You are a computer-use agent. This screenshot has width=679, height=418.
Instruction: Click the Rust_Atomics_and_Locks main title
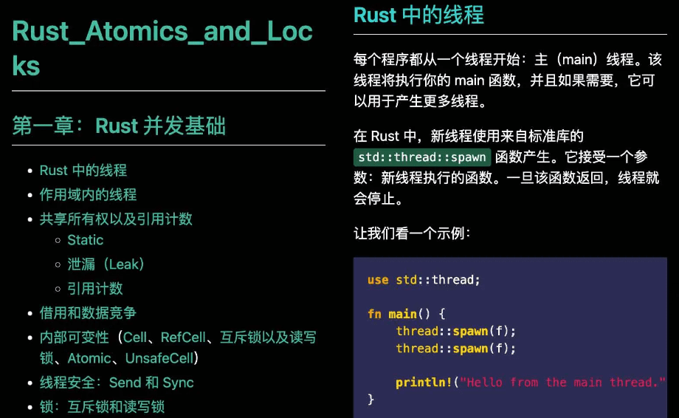[x=162, y=49]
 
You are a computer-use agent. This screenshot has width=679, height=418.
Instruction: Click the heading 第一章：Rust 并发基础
[x=119, y=126]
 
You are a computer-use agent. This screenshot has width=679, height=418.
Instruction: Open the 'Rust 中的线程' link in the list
[x=83, y=171]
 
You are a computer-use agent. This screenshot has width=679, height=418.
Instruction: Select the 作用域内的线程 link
[x=88, y=195]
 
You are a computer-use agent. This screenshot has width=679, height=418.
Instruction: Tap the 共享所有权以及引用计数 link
[x=116, y=219]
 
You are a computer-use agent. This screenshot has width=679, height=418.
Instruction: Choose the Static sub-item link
[x=86, y=240]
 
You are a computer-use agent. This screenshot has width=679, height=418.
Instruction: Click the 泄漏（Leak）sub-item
[x=106, y=264]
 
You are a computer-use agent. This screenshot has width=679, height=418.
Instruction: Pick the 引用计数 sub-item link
[x=95, y=289]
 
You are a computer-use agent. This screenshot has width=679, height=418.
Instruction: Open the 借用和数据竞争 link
[x=88, y=313]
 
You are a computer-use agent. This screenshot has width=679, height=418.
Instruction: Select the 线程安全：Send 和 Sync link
[x=117, y=383]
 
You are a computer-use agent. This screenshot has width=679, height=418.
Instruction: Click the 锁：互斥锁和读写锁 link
[x=102, y=407]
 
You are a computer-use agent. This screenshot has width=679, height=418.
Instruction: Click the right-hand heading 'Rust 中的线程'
[x=418, y=15]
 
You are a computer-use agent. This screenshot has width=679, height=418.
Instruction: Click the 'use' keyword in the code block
[x=378, y=281]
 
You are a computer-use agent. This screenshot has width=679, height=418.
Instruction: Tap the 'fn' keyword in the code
[x=374, y=314]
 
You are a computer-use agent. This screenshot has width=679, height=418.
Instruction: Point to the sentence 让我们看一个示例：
[x=411, y=234]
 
